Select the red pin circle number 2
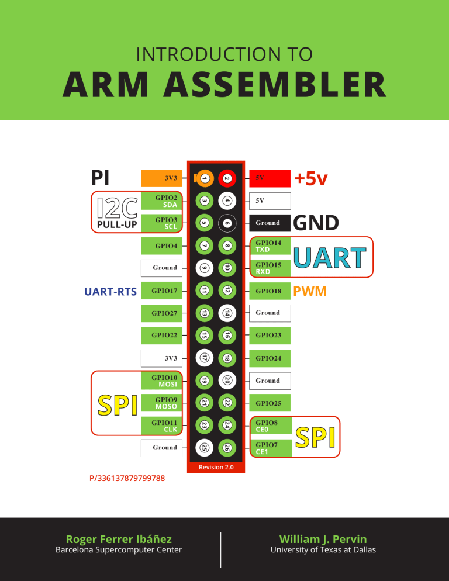click(227, 178)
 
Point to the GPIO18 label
click(270, 290)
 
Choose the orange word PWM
click(310, 290)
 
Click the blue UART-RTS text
click(110, 290)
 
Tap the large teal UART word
click(330, 258)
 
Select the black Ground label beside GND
click(270, 223)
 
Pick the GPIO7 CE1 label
click(270, 448)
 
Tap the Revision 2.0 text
click(216, 466)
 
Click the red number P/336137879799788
click(127, 479)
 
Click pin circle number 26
click(227, 448)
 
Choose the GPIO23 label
click(270, 336)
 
